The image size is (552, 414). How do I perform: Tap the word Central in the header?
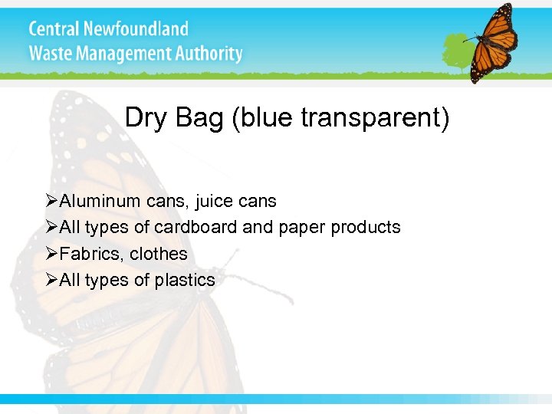(54, 29)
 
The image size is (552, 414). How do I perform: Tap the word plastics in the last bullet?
(185, 280)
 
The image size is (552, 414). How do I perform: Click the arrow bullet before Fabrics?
(52, 253)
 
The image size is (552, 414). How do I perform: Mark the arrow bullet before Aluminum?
(52, 201)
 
